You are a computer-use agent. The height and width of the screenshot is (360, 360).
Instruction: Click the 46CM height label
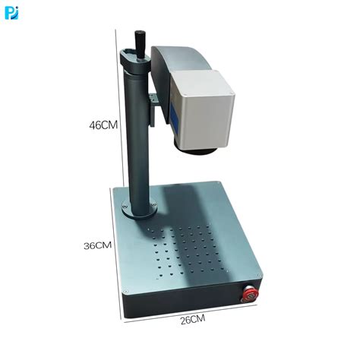(103, 125)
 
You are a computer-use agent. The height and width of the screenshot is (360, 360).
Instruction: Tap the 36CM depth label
(97, 245)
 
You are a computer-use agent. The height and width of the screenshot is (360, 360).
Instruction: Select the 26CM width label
(193, 320)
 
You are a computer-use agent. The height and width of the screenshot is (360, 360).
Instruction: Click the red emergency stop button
(251, 294)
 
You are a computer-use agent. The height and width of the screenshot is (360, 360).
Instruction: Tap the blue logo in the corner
(11, 13)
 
